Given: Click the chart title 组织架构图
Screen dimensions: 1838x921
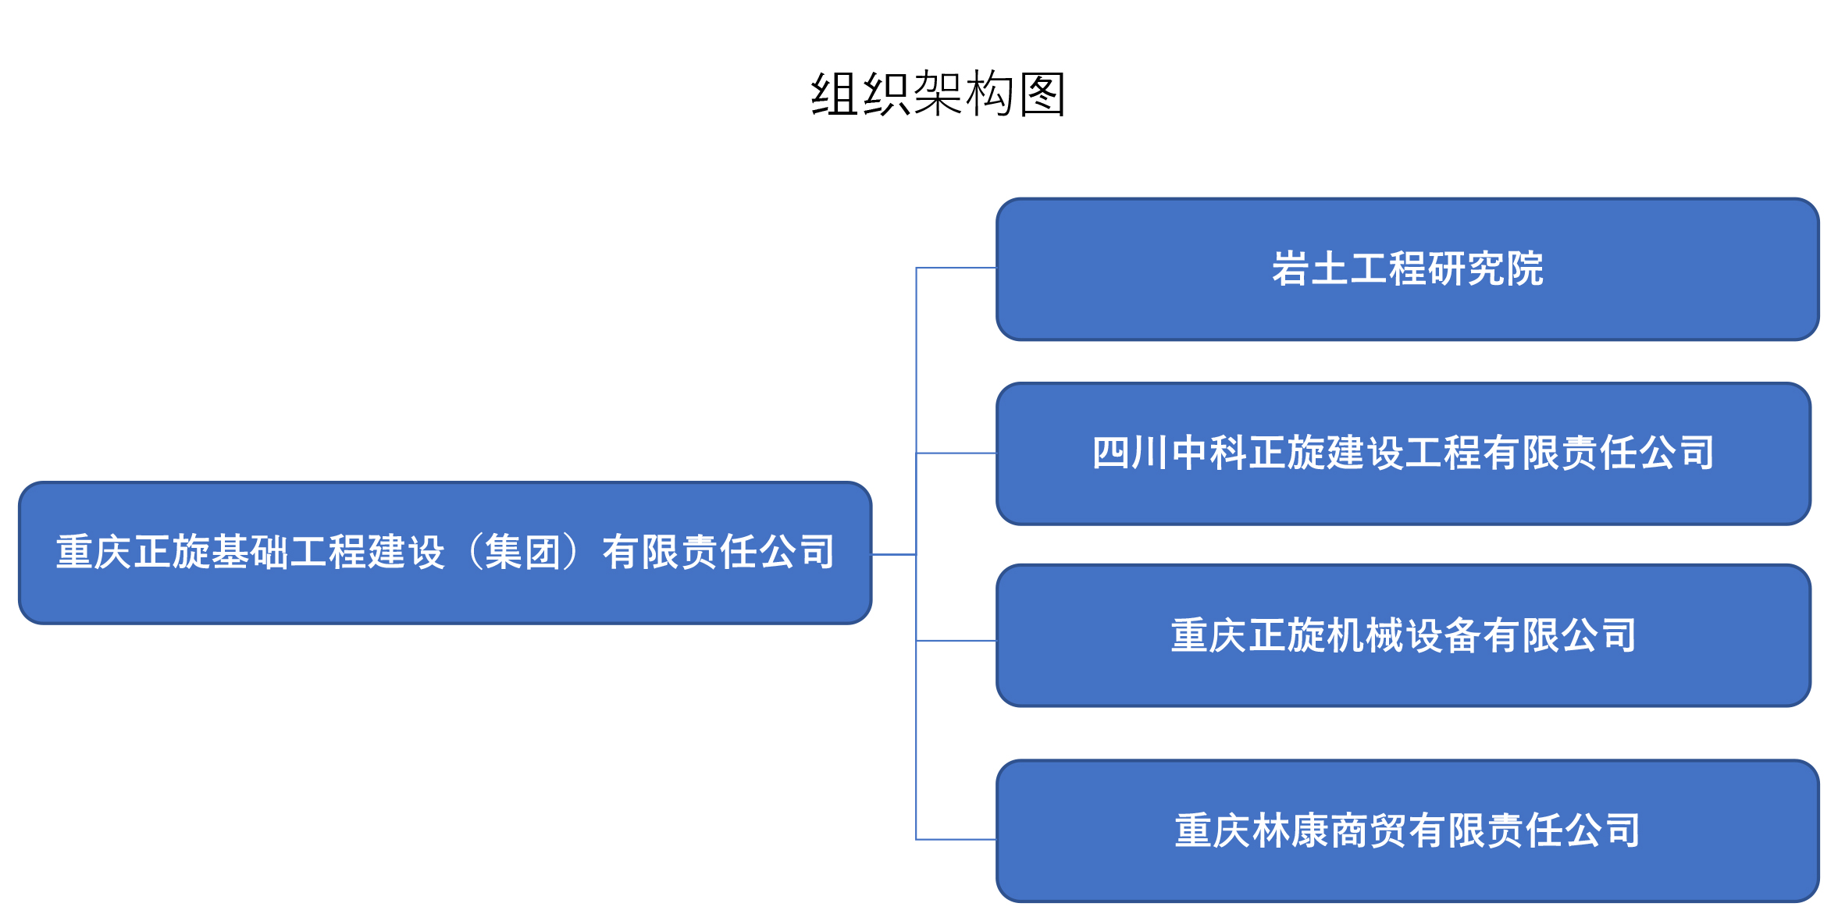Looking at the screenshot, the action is click(938, 94).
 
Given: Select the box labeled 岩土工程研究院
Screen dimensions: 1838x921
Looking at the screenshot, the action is click(1407, 269).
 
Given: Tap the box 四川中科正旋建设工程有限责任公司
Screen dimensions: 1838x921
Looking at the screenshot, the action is click(1403, 453).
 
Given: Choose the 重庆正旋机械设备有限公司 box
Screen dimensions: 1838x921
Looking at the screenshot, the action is click(1403, 635).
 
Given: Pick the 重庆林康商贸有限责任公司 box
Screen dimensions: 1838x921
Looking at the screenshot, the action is click(1407, 830).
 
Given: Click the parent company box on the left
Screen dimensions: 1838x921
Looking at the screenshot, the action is click(445, 553).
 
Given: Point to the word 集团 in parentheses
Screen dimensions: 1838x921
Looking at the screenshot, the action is click(523, 553).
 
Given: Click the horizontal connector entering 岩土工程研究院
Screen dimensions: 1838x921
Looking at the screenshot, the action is click(956, 268).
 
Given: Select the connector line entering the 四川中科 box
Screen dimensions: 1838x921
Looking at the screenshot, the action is click(956, 453).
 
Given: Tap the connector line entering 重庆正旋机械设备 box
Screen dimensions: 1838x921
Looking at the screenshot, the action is click(956, 641).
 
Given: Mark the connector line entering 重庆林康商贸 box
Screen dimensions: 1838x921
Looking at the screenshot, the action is click(956, 839).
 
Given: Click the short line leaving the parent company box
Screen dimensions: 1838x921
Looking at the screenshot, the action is click(894, 554).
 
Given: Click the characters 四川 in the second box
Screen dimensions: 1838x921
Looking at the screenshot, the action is click(1131, 453).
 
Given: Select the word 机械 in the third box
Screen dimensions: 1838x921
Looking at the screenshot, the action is click(1365, 635).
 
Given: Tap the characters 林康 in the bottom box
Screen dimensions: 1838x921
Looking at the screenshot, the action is click(1291, 830).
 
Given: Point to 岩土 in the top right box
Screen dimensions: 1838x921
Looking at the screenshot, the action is click(1310, 269).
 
